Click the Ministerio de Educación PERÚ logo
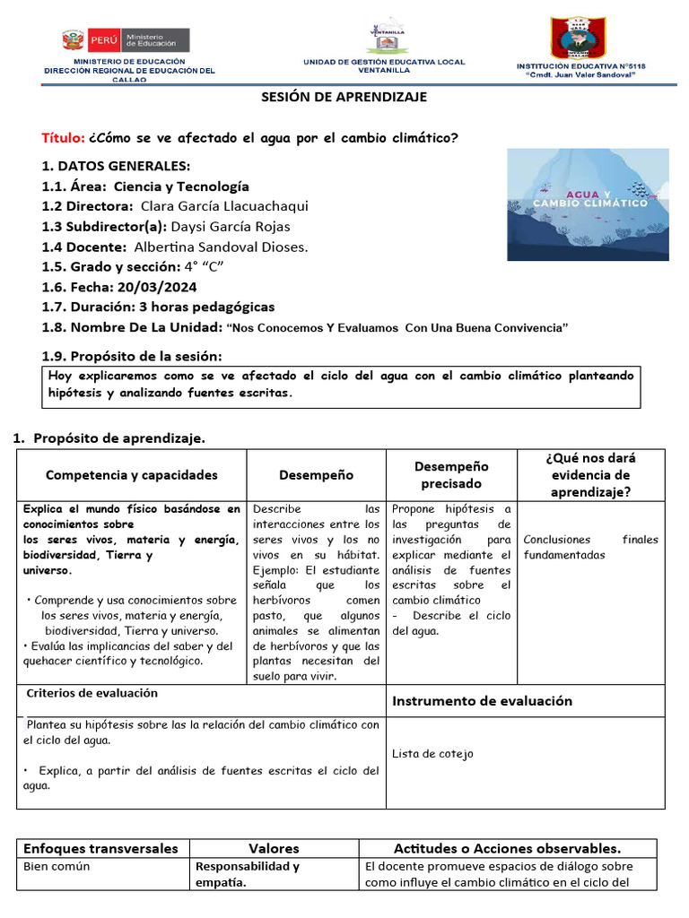(126, 40)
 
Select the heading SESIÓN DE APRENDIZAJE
(344, 97)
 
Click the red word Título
(63, 138)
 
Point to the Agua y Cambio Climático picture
(588, 204)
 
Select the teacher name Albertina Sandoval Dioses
(221, 247)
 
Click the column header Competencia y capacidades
(132, 475)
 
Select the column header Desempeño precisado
(451, 474)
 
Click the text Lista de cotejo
(432, 754)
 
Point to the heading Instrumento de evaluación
(482, 701)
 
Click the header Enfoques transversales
(100, 848)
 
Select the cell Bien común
(57, 867)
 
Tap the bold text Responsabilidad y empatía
(248, 874)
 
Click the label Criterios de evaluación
(92, 693)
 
